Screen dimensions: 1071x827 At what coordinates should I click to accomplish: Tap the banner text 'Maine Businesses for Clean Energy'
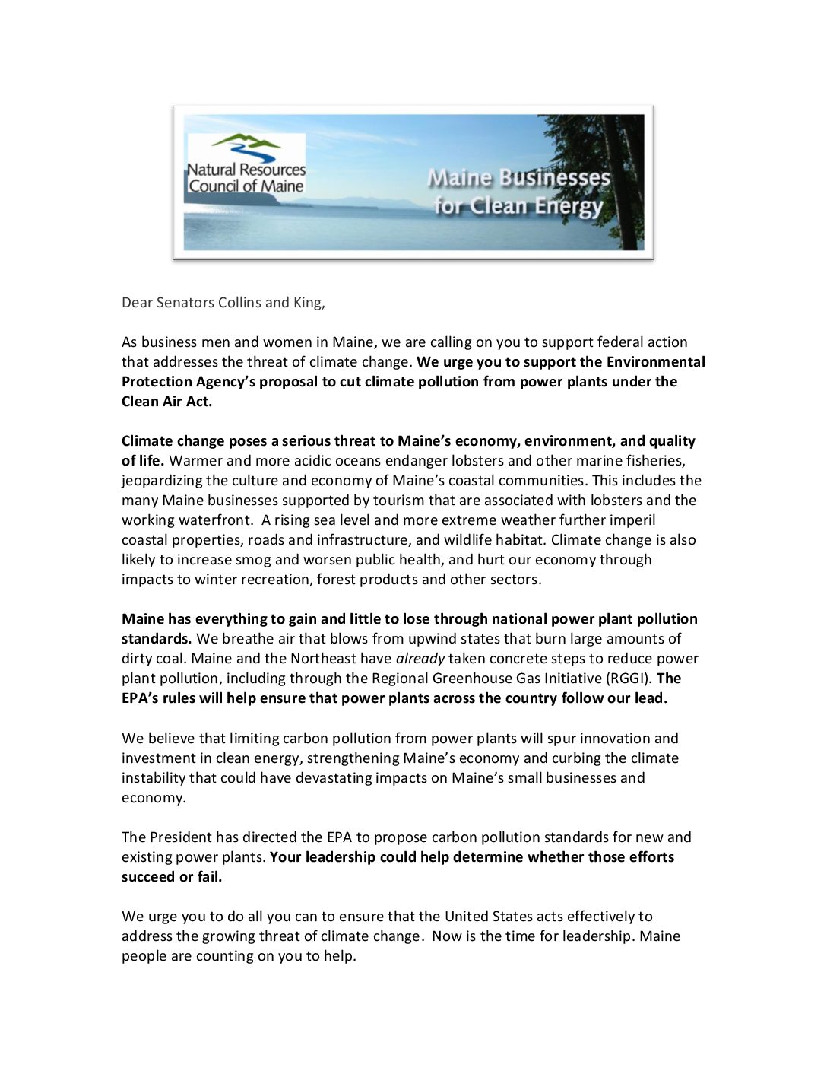[518, 192]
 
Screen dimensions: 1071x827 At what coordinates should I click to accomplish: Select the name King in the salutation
[307, 303]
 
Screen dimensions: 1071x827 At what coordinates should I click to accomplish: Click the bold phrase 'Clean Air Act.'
[166, 402]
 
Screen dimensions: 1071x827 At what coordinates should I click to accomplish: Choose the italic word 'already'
[420, 659]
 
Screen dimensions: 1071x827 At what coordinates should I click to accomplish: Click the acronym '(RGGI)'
[628, 679]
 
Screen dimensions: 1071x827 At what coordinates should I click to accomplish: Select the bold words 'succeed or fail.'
[172, 877]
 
